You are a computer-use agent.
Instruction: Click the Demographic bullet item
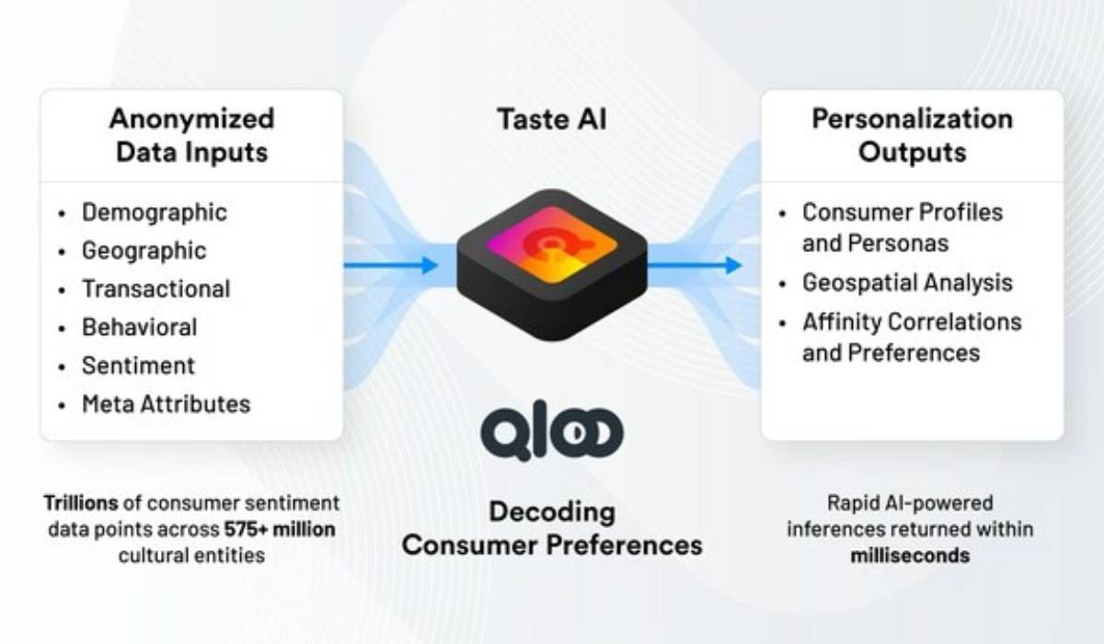tap(154, 213)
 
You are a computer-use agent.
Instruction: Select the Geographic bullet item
tap(144, 251)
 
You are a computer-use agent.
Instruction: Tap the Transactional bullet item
tap(155, 289)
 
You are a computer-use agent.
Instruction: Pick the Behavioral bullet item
tap(139, 328)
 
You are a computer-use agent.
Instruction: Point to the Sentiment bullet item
tap(138, 365)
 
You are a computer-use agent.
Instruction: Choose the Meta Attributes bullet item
tap(166, 404)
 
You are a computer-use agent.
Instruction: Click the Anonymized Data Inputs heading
tap(191, 134)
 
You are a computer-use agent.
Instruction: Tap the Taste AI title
tap(552, 120)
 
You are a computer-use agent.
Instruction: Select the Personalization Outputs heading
tap(912, 134)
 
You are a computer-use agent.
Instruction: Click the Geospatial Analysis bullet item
tap(907, 283)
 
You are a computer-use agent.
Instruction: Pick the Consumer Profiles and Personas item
tap(903, 227)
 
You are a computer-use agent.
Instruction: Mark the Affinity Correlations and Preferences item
tap(912, 337)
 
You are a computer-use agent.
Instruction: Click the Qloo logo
tap(552, 433)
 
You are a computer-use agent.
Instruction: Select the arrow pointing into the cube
tap(391, 266)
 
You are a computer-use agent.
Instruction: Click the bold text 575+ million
tap(280, 530)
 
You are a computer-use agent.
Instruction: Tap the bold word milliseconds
tap(912, 555)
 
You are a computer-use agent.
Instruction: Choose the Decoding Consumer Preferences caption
tap(552, 528)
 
